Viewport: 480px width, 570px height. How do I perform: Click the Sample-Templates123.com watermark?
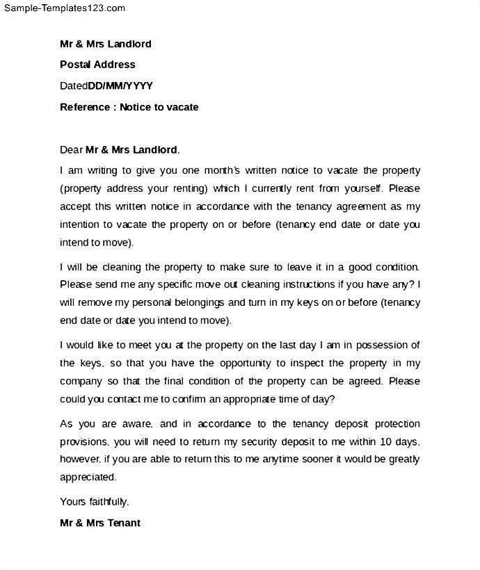click(63, 8)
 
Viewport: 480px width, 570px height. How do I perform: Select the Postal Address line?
click(97, 65)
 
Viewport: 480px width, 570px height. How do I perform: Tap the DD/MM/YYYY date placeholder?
click(120, 86)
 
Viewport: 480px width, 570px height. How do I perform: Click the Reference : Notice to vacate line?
click(129, 107)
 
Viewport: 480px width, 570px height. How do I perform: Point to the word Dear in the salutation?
click(71, 149)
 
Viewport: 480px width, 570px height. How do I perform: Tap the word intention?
click(81, 225)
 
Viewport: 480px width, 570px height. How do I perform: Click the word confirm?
click(180, 399)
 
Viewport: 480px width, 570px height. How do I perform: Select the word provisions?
click(83, 441)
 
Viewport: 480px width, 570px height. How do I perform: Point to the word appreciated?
click(88, 478)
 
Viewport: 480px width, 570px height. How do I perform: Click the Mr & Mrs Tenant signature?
click(100, 523)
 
